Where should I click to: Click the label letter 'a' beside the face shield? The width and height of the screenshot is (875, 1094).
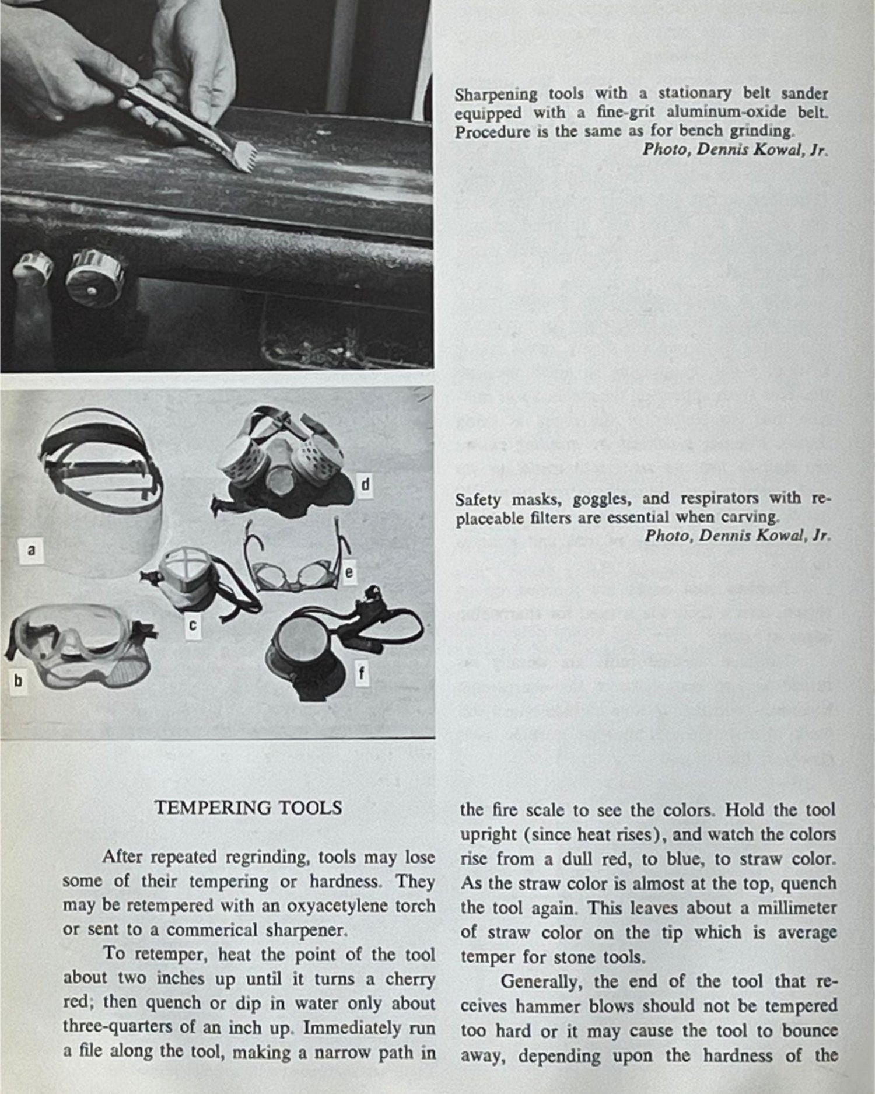click(x=32, y=549)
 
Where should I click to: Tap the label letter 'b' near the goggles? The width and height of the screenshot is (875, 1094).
click(x=17, y=680)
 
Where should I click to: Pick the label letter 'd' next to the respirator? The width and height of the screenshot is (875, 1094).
click(x=365, y=485)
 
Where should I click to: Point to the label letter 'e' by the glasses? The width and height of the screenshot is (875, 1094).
click(x=348, y=573)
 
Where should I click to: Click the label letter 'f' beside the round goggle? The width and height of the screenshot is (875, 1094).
click(x=361, y=674)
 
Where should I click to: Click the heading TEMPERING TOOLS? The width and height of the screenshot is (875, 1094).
click(x=248, y=808)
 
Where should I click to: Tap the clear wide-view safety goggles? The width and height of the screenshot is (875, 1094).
click(x=76, y=645)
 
